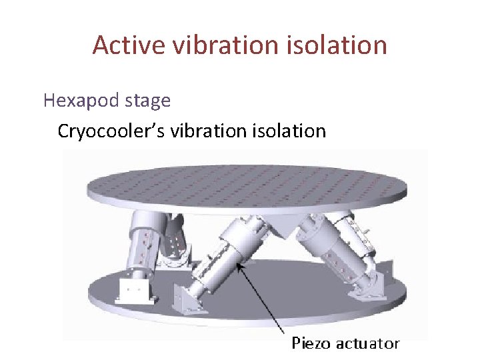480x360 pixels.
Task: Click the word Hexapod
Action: click(79, 101)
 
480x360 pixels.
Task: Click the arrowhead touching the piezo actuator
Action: click(242, 267)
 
